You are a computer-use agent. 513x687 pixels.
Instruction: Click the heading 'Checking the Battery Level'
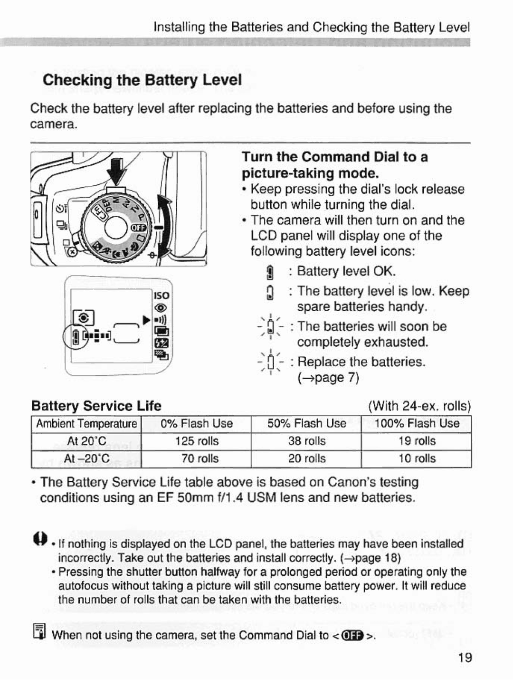point(142,80)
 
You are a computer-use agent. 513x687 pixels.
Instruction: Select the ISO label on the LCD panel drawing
point(161,295)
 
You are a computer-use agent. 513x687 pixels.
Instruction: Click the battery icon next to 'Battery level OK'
point(269,272)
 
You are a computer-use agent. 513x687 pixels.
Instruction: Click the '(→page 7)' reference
point(328,378)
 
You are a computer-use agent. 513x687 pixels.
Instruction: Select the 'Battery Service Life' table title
point(96,406)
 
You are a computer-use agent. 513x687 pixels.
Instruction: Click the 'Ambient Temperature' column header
point(86,423)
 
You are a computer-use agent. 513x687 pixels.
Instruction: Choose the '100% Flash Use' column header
point(417,423)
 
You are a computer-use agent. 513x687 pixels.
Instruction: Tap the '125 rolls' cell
point(197,441)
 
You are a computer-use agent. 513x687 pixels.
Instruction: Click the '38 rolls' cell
point(306,441)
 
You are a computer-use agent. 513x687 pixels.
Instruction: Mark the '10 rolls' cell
point(417,458)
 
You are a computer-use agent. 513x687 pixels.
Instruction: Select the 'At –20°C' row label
point(86,458)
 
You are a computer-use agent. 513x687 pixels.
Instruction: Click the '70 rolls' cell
point(197,458)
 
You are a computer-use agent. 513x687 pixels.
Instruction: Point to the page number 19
point(465,658)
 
